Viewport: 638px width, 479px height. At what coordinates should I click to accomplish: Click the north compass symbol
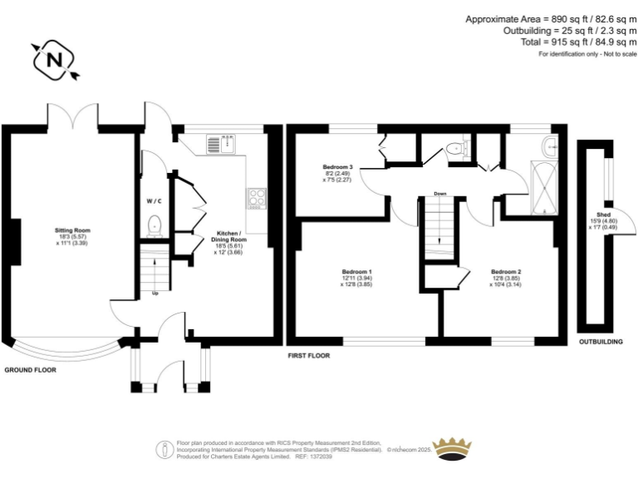coord(54,59)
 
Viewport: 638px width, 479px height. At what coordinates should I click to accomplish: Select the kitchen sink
coord(221,143)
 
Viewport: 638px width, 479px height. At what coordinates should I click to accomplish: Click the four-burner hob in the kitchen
coord(257,198)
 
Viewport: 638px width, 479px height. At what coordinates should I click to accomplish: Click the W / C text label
coord(154,201)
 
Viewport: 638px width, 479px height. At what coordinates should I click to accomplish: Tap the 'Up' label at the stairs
coord(154,292)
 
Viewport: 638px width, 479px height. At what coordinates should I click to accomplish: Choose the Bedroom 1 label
coord(356,277)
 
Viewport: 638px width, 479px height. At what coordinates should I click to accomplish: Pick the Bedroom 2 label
coord(505,277)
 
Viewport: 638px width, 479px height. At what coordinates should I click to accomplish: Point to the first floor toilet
coord(454,149)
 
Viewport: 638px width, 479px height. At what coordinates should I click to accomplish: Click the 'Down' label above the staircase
coord(439,195)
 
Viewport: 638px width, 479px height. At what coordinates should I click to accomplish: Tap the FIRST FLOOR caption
coord(307,355)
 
